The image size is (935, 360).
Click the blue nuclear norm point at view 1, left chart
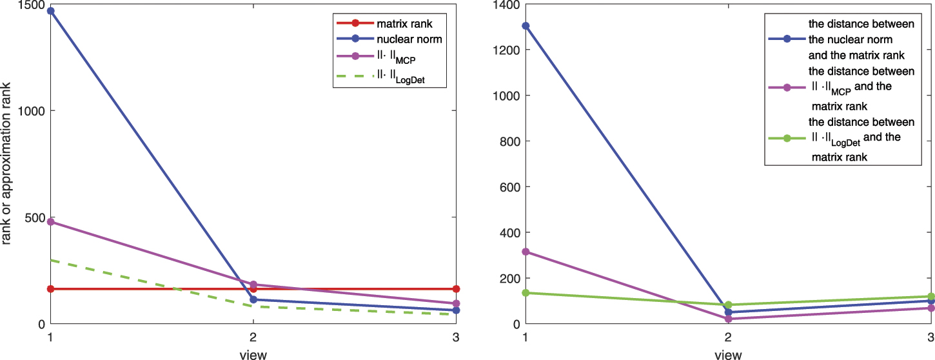pos(50,11)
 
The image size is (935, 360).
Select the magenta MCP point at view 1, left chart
pos(50,222)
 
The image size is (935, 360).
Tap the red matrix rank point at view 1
pos(50,289)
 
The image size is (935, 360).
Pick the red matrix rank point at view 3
pos(456,289)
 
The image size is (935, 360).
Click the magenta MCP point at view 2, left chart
pos(253,285)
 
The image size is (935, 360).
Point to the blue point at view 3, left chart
pos(456,310)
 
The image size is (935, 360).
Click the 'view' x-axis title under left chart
pos(253,354)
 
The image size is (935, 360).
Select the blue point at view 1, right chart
pos(526,26)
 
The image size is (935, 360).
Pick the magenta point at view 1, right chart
pos(526,252)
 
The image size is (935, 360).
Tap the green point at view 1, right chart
pos(526,293)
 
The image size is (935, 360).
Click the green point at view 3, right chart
pos(931,297)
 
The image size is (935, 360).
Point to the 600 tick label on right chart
pos(509,187)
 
